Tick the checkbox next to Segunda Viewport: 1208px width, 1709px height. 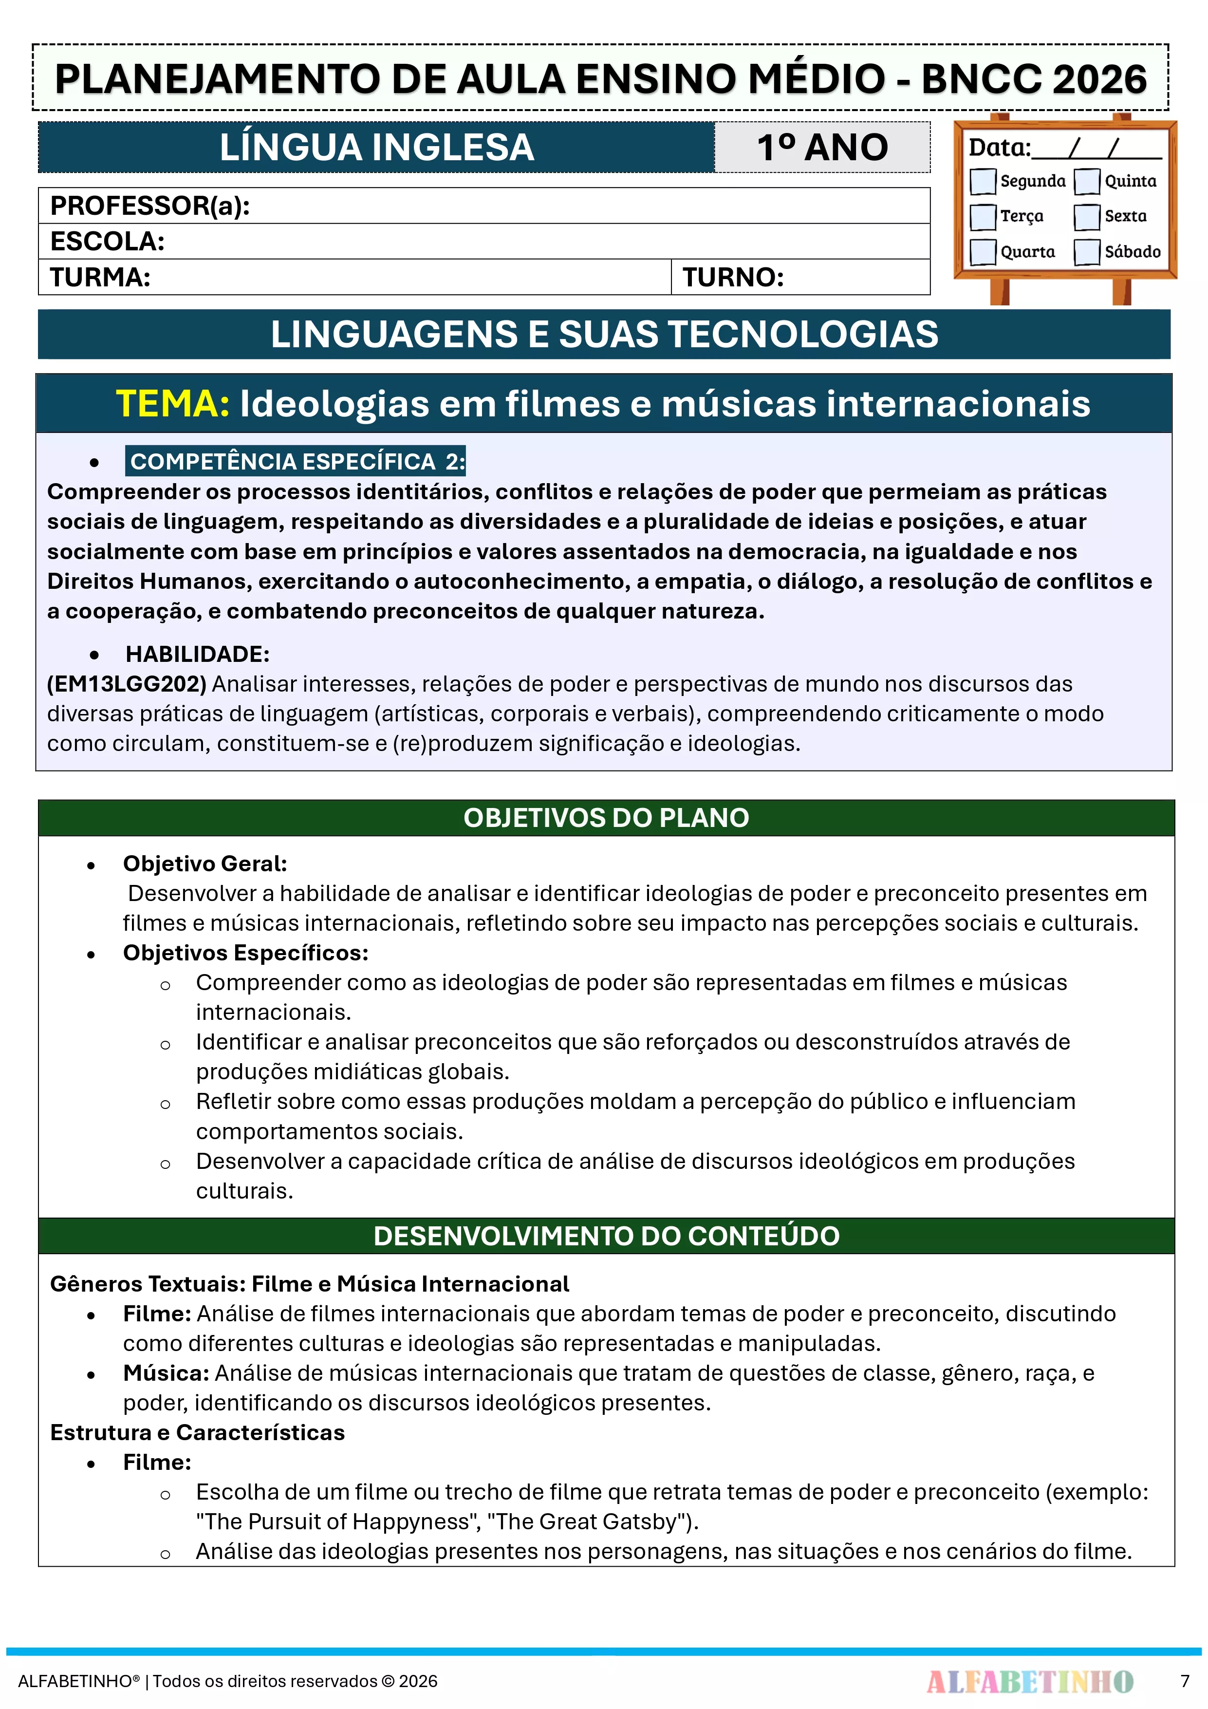[x=983, y=181]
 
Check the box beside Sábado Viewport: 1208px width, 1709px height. [x=1087, y=252]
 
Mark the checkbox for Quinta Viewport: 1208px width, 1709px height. [x=1087, y=181]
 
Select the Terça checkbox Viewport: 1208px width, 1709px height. [x=983, y=217]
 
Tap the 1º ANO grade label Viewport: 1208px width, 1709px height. [x=822, y=148]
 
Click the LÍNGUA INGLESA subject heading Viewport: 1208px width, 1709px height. [x=376, y=148]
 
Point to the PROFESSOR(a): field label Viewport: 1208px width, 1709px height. [x=149, y=206]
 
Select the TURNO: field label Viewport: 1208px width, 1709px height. [x=733, y=277]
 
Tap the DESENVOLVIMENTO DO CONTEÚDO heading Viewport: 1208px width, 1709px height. [x=606, y=1236]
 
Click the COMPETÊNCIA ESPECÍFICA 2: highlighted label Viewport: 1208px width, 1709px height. [x=296, y=462]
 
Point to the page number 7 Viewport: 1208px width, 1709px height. [x=1184, y=1681]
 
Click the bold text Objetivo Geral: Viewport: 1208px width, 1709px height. [x=204, y=864]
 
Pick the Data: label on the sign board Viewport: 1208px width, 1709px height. [x=999, y=148]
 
